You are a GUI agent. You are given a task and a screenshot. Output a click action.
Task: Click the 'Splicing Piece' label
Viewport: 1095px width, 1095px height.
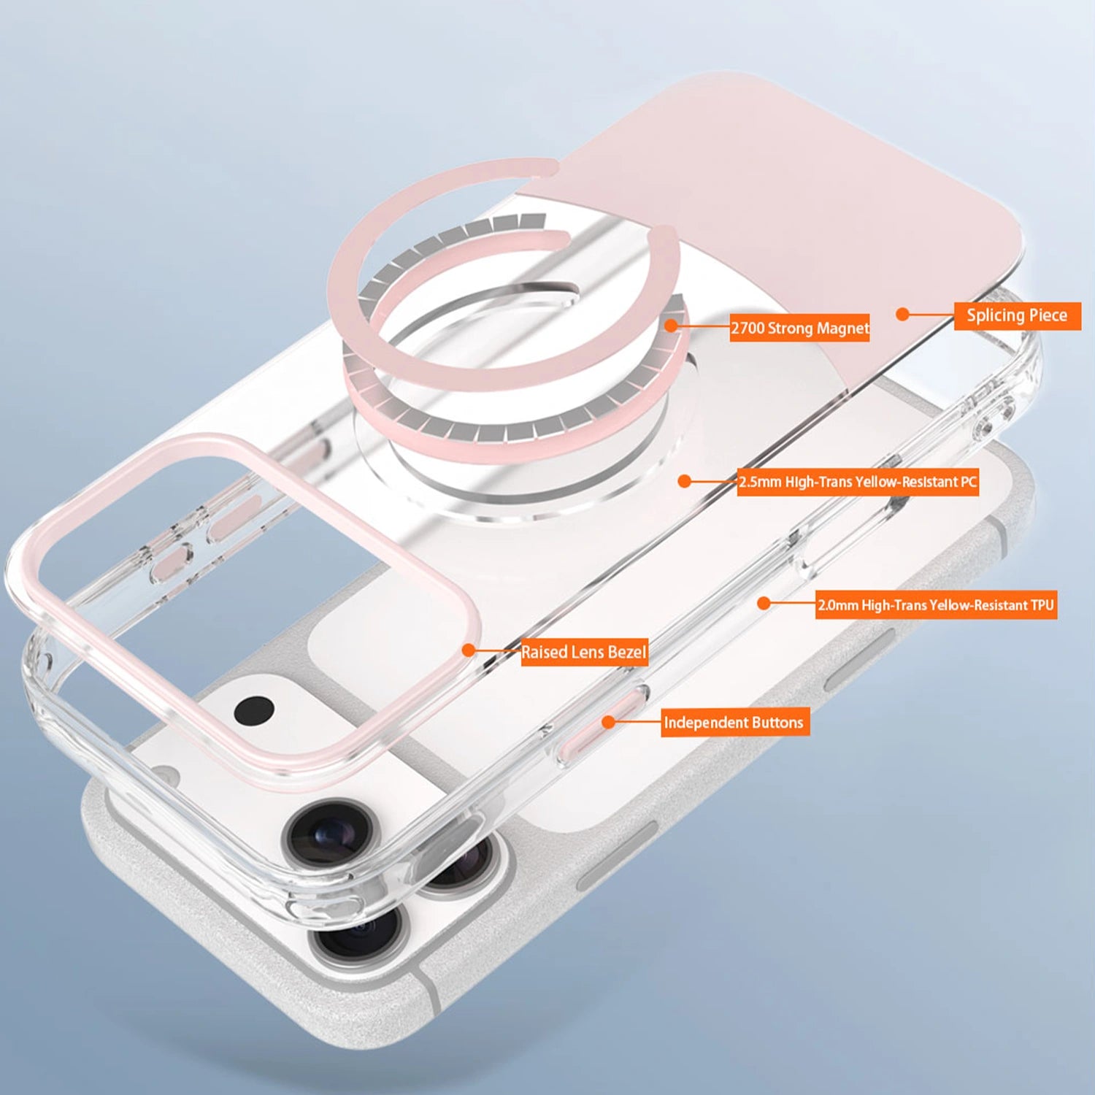[1017, 315]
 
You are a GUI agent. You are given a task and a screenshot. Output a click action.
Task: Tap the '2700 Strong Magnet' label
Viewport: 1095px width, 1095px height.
[799, 328]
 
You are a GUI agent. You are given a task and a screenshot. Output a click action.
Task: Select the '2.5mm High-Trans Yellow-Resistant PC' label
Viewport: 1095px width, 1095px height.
[857, 482]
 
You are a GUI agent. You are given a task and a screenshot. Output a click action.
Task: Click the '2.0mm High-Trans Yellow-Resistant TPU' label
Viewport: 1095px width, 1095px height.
[936, 605]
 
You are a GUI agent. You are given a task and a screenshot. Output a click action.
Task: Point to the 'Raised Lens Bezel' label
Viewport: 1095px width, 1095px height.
[583, 652]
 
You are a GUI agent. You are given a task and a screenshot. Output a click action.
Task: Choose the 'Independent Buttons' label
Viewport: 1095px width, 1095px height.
[734, 723]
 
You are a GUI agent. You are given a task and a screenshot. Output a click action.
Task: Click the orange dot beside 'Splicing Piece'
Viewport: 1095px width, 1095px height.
[902, 315]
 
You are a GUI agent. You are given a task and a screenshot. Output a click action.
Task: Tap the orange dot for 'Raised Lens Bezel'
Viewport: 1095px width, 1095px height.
[469, 650]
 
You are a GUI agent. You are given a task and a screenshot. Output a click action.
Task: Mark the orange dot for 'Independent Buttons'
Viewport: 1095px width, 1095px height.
[607, 722]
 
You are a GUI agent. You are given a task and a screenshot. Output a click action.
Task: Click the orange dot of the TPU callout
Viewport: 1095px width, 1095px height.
[764, 604]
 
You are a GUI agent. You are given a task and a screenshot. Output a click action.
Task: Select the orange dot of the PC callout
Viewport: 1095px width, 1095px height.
[684, 481]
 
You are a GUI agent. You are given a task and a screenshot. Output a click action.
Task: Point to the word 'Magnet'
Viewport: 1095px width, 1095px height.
[842, 328]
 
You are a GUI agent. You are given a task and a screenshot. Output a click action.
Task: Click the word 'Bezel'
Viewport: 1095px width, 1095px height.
[626, 652]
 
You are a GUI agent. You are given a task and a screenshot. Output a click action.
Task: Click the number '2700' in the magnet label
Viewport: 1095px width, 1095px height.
[748, 328]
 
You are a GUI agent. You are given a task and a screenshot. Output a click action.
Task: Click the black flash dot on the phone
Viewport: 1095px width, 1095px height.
[254, 709]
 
